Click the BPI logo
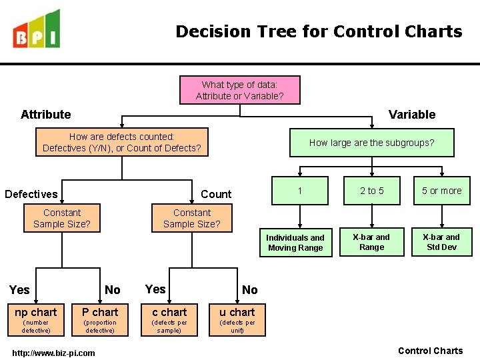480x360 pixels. coord(37,30)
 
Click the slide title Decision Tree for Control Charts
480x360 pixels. coord(319,31)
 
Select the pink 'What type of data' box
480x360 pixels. coord(239,90)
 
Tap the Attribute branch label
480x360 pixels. coord(45,115)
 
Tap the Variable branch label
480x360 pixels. coord(412,115)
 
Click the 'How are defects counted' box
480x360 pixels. coord(121,142)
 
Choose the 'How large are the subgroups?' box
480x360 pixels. coord(371,142)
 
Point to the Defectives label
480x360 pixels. coord(31,194)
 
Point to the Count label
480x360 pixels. coord(216,194)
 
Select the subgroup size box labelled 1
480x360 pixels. coord(300,191)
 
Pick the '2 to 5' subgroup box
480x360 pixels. coord(372,191)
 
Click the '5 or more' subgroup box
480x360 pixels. coord(441,191)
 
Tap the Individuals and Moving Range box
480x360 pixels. coord(295,243)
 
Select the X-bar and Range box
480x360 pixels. coord(371,242)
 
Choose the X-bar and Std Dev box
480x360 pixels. coord(441,242)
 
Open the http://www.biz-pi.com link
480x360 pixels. coord(54,353)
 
